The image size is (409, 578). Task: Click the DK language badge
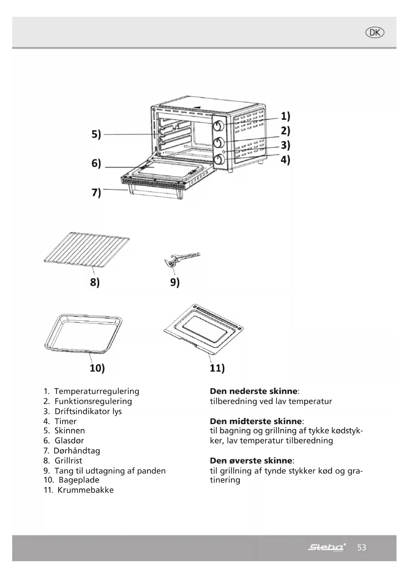(x=375, y=33)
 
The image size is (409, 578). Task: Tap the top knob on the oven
(x=219, y=126)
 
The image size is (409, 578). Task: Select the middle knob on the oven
(x=219, y=142)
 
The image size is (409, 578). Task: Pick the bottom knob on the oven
(x=219, y=160)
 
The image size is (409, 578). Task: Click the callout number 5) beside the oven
(x=96, y=134)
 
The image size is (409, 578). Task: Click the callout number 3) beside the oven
(x=285, y=145)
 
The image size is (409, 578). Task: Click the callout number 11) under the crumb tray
(x=217, y=368)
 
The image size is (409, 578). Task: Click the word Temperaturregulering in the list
(x=97, y=391)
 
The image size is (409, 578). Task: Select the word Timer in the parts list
(x=65, y=421)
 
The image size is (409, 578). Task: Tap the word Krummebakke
(x=85, y=490)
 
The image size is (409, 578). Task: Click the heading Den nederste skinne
(x=254, y=391)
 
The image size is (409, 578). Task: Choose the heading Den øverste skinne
(x=251, y=460)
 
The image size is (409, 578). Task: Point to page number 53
(x=362, y=548)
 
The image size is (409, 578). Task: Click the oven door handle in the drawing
(x=155, y=193)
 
